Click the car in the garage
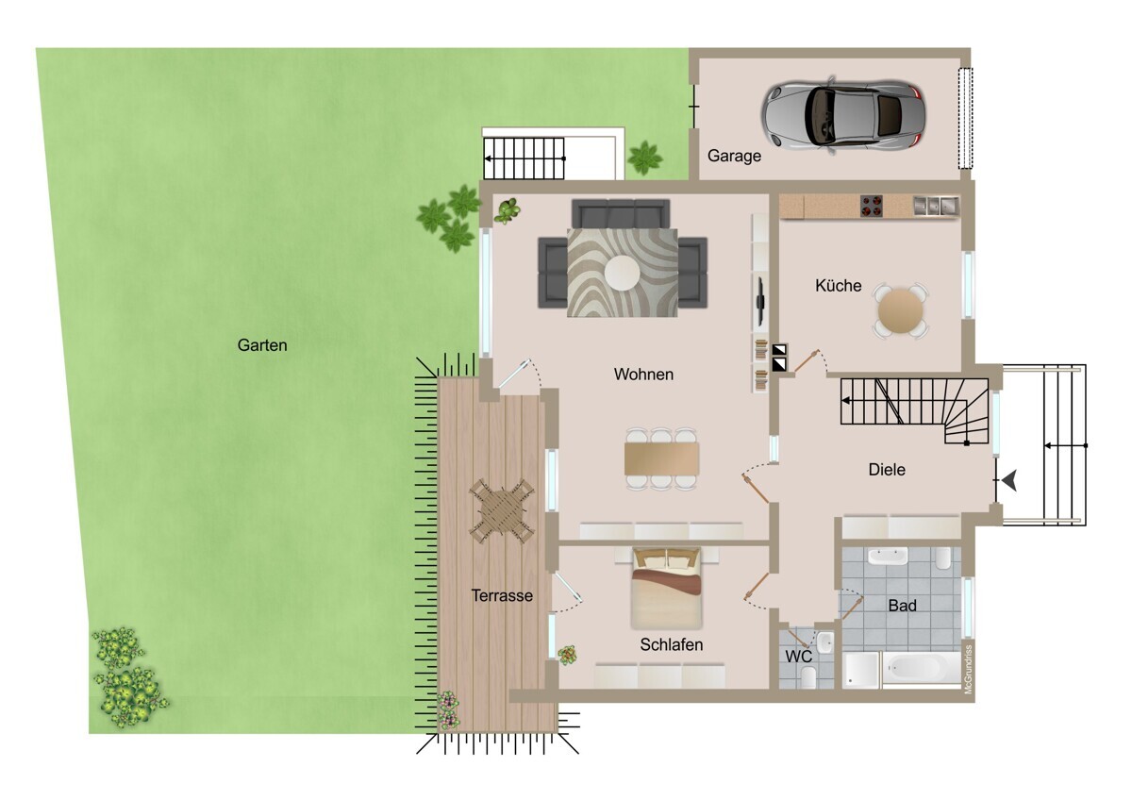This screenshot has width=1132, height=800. coord(843,114)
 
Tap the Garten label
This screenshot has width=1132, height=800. coord(262,345)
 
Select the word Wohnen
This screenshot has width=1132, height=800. coord(643,375)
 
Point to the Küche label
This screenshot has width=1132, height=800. coord(838,286)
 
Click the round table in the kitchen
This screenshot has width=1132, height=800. coord(901,310)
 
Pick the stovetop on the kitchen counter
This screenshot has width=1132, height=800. coord(872,207)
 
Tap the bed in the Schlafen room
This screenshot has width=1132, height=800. coord(667,589)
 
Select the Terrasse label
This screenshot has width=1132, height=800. coord(502,596)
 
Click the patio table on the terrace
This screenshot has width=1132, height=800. coord(502,511)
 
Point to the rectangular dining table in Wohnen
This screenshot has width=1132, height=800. coord(661,458)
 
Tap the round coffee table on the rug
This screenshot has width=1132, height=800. coord(622,273)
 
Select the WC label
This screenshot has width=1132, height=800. coord(798,657)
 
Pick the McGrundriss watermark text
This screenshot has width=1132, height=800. coord(968,670)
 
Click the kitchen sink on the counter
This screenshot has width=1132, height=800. coord(936,206)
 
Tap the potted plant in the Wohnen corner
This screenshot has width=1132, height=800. coord(507,210)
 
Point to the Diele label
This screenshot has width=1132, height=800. coord(887,470)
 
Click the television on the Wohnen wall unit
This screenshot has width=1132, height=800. coord(759,301)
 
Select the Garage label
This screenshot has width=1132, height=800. coord(734,157)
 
